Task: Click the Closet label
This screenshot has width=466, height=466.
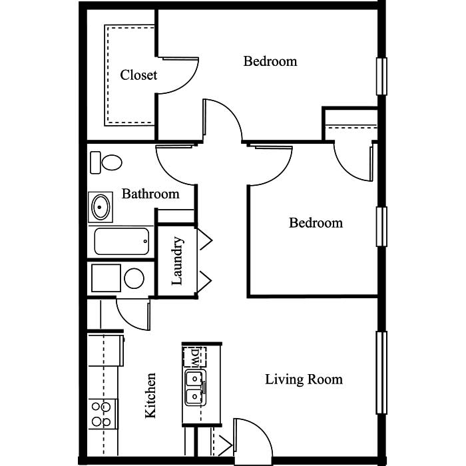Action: pos(138,75)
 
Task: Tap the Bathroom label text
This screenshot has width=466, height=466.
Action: pos(150,194)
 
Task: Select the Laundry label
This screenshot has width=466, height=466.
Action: pos(177,261)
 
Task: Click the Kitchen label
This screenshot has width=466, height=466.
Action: pos(150,395)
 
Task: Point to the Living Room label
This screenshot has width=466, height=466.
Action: pos(304,379)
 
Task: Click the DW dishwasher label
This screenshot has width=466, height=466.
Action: pos(194,357)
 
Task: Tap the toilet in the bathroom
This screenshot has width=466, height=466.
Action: pos(106,162)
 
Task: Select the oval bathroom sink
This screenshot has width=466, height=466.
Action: pos(101,207)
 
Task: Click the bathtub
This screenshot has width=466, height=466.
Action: pos(122,241)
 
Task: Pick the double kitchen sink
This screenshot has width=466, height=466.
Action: pos(195,387)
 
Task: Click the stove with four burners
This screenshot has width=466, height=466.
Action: pos(103,414)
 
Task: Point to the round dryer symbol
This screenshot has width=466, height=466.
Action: pos(134,278)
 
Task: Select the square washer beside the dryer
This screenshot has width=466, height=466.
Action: pos(106,278)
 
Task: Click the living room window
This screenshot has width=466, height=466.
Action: pos(381,373)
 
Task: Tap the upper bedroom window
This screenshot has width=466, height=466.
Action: pos(381,77)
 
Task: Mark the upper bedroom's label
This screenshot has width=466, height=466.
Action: pos(270,61)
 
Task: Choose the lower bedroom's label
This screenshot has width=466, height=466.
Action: pos(316,223)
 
